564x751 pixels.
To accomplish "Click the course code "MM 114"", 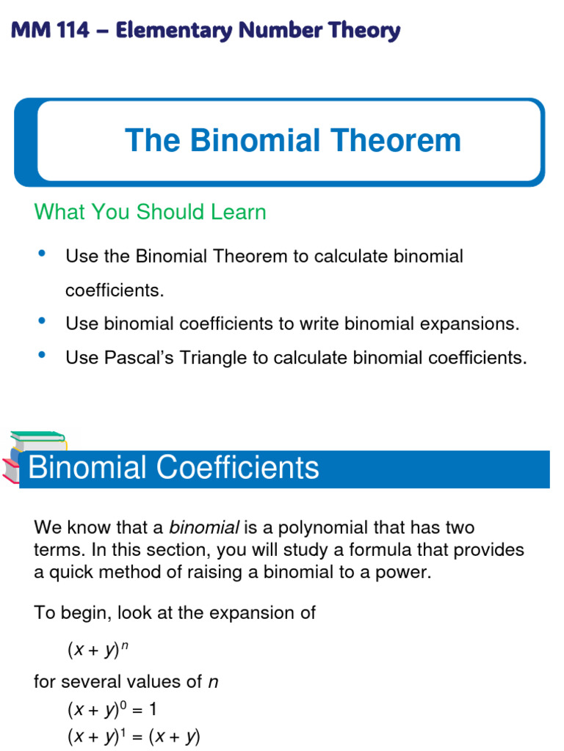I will click(49, 31).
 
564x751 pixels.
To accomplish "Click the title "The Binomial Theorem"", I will click(292, 140).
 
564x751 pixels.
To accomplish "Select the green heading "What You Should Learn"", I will click(150, 212).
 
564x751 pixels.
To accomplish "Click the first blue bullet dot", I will click(41, 254).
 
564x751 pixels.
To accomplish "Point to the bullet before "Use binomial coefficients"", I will click(41, 320).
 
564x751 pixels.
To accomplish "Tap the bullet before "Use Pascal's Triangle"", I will click(41, 355).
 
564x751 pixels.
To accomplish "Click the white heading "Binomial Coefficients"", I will click(173, 467).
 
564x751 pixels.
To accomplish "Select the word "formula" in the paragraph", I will click(371, 550).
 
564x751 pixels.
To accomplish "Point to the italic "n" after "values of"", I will click(213, 682).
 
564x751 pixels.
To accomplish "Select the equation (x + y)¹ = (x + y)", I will click(133, 736).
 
